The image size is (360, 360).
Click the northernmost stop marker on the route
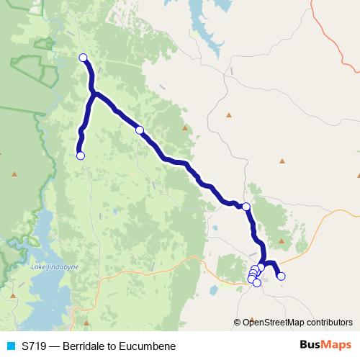pos(83,58)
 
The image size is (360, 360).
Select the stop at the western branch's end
pos(81,156)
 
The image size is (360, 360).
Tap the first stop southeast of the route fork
pos(140,130)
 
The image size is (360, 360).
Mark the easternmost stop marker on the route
pos(281,276)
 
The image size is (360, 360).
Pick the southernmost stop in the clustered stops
pos(257,283)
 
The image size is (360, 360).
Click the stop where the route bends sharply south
pos(246,207)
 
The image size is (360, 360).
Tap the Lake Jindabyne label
pos(50,268)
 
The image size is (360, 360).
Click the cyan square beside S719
pos(11,346)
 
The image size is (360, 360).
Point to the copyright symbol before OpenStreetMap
pos(238,322)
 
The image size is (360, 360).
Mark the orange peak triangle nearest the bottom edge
pos(86,323)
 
